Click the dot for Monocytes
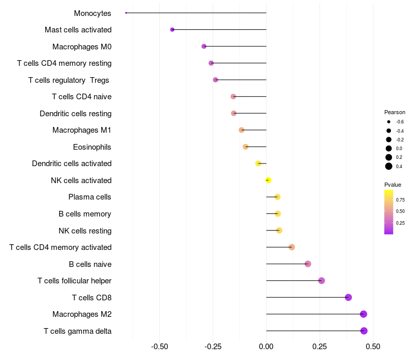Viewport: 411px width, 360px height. [126, 13]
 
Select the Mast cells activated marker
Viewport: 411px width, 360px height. [172, 30]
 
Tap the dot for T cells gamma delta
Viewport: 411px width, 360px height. [364, 331]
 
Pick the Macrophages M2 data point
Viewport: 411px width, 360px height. [363, 314]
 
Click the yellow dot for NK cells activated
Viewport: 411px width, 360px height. [268, 180]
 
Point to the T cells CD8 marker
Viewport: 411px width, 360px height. [348, 297]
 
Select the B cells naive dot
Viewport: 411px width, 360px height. [308, 264]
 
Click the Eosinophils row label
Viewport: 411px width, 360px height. [92, 147]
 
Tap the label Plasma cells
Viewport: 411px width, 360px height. [89, 197]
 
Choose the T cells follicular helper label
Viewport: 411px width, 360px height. [74, 281]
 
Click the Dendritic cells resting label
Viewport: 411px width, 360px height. [76, 114]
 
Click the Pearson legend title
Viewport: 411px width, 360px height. [395, 112]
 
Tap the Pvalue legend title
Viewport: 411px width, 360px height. [393, 185]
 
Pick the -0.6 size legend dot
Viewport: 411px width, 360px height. [389, 122]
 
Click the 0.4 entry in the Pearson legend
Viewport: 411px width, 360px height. [389, 166]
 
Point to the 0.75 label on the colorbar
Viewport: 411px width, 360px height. [400, 200]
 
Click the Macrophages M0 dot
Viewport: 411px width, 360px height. [204, 46]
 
